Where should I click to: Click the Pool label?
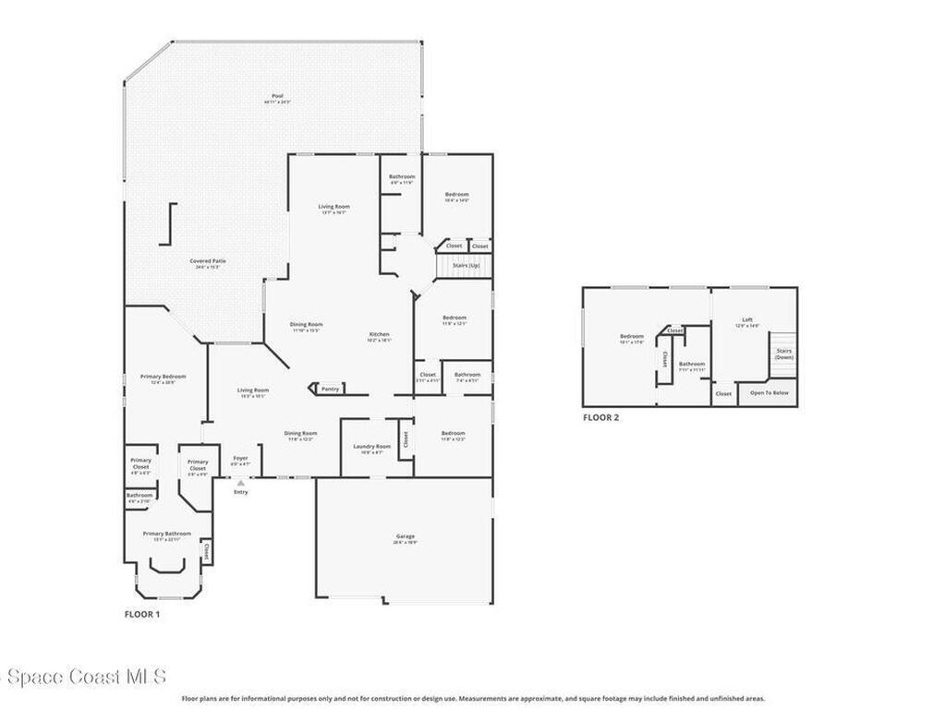coord(277,96)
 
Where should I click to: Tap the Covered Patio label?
coord(208,261)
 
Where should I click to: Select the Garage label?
coord(406,536)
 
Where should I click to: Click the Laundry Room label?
coord(372,447)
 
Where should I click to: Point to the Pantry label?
coord(330,389)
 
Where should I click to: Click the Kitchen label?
coord(380,334)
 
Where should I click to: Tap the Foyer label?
coord(240,458)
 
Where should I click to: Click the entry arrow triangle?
coord(240,482)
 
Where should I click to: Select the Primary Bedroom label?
coord(163,377)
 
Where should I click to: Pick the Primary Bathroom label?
coord(167,534)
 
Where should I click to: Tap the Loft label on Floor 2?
coord(747,320)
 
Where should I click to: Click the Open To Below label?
coord(769,393)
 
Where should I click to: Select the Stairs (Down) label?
coord(783,354)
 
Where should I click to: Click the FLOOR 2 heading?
coord(600,417)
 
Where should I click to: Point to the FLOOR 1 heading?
coord(142,613)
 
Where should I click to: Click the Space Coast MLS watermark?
coord(83,677)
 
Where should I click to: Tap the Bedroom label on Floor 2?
coord(632,336)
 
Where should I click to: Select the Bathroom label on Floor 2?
coord(692,364)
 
